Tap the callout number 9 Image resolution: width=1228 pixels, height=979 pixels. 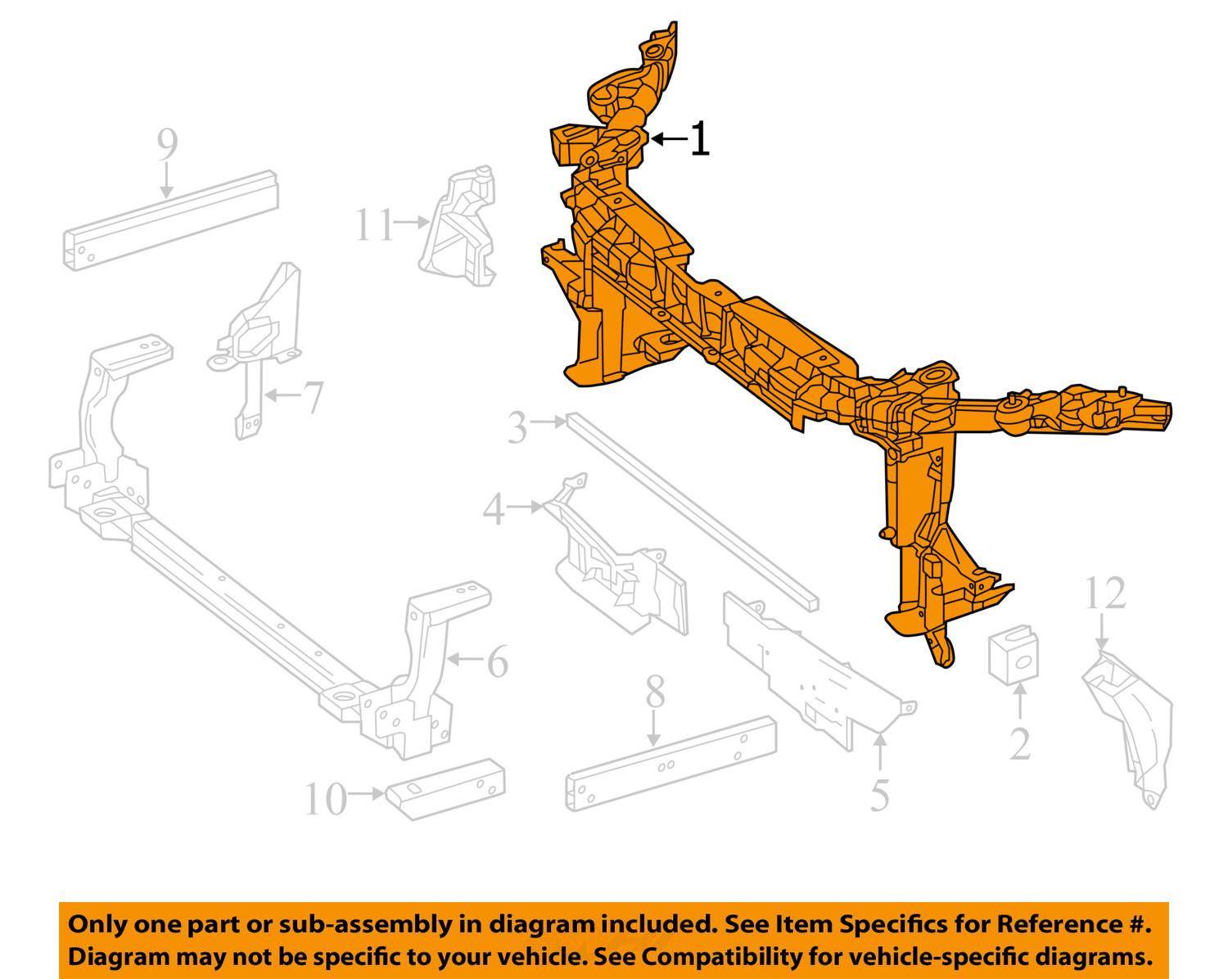point(167,145)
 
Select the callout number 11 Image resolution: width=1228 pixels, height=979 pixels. point(375,225)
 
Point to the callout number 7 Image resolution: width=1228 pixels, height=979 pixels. point(311,399)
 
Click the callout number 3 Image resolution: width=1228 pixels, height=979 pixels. point(517,427)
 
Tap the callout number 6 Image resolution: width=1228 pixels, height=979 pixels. point(497,661)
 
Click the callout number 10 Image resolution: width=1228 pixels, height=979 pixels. point(326,800)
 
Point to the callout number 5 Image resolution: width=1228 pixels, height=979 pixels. point(879,795)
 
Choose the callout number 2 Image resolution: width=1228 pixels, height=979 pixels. point(1019,743)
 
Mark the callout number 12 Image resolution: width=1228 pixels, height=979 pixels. point(1106,594)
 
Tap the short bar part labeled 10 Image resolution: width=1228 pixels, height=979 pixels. point(447,787)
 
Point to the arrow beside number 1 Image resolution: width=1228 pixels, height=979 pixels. point(670,139)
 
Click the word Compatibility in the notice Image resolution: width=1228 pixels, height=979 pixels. point(709,956)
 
